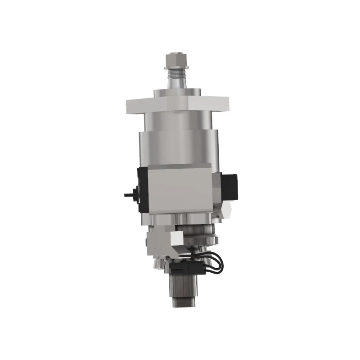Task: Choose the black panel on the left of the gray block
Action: [141, 189]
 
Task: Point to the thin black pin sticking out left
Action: [128, 195]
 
